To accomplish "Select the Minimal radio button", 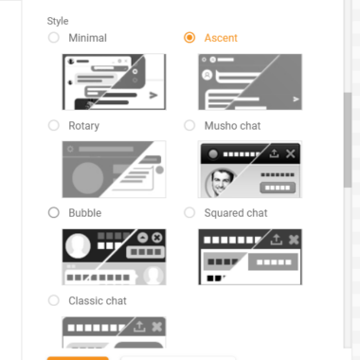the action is coord(54,38).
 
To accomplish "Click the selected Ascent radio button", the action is coord(189,38).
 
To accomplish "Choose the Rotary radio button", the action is coord(54,125).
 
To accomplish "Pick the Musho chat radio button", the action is coord(189,125).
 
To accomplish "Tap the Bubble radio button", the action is coord(54,212).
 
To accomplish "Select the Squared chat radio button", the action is coord(189,212).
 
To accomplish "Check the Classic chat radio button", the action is coord(54,300).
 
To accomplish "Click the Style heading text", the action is coord(58,21).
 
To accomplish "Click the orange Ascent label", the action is coord(221,38).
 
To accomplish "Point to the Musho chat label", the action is coord(232,126).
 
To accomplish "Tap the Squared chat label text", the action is coord(236,213).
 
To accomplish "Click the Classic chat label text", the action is coord(98,300).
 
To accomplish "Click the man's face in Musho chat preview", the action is coord(221,182).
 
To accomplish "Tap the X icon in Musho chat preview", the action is coord(290,153).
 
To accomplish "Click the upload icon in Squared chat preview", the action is coord(277,240).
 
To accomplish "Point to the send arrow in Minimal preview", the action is coord(153,95).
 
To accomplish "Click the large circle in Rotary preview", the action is coord(88,178).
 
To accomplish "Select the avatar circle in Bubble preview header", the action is coord(78,245).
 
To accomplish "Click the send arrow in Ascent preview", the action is coord(296,99).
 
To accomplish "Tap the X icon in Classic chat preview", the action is coord(157,327).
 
